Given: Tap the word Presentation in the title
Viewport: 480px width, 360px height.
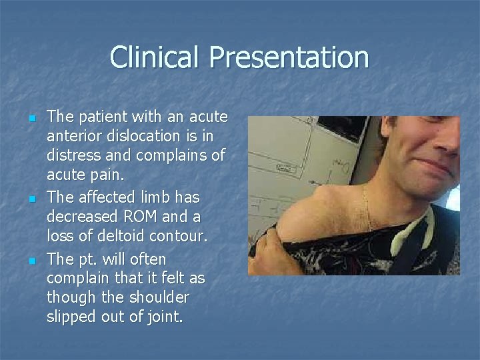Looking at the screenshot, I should (289, 58).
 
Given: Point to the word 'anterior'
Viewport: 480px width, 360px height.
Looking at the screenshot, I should (73, 137).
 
